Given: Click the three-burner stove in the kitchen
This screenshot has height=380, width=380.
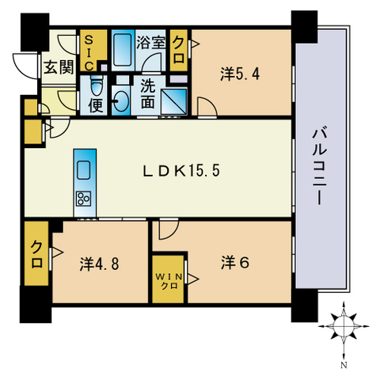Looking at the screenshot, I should (84, 198).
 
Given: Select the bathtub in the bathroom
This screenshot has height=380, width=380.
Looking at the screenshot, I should (123, 51).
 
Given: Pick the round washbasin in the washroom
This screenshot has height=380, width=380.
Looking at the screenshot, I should (123, 100).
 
